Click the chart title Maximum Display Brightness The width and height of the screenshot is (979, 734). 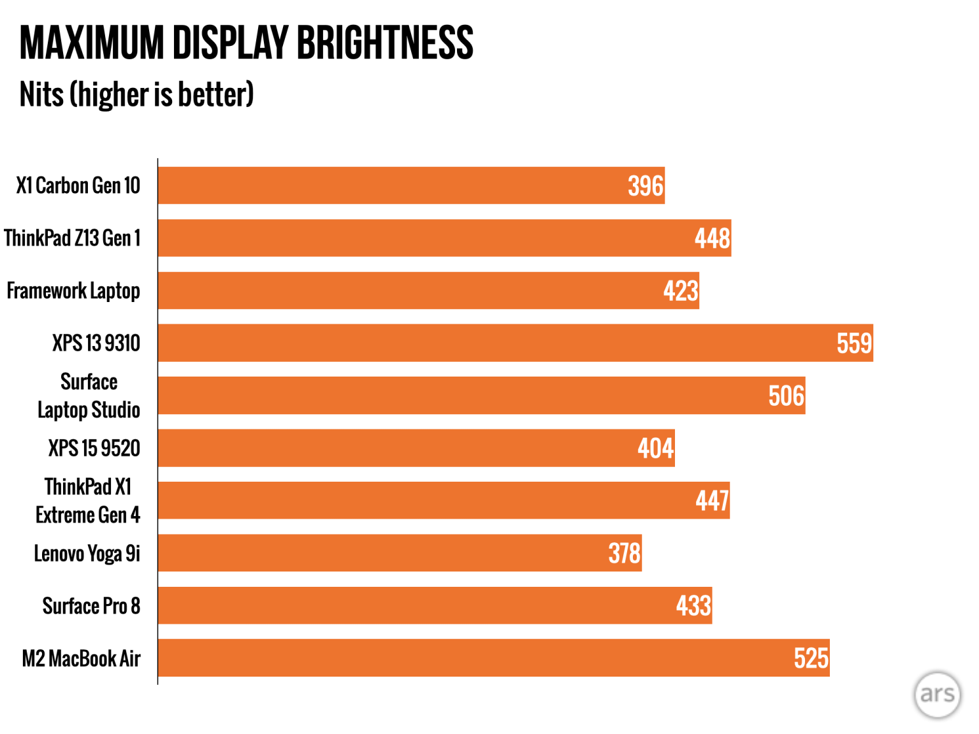coord(246,43)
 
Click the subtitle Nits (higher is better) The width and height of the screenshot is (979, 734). coord(136,95)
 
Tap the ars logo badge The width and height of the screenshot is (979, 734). coord(937,694)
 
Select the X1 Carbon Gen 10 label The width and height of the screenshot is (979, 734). coord(78,185)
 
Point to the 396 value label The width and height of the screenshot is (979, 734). coord(645,186)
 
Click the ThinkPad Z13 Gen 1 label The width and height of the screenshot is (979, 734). coord(72,238)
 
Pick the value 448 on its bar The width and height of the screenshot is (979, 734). coord(712,239)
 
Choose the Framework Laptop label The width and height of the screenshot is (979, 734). coord(73,291)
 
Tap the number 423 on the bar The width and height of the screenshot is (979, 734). coord(680,291)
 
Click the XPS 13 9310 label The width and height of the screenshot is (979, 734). coord(96,343)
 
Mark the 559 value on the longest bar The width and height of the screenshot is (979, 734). coord(853,344)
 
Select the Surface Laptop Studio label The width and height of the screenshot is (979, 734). coord(89,396)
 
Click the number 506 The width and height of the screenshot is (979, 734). coord(786,396)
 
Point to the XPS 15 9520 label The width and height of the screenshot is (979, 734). coord(94,449)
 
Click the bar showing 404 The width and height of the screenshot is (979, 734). coord(414,449)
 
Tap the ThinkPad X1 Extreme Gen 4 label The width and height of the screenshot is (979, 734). coord(88,501)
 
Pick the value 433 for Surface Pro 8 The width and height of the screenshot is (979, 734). coord(693,606)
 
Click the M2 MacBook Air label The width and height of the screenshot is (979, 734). coord(81,659)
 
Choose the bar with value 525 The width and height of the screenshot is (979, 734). coord(493,658)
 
